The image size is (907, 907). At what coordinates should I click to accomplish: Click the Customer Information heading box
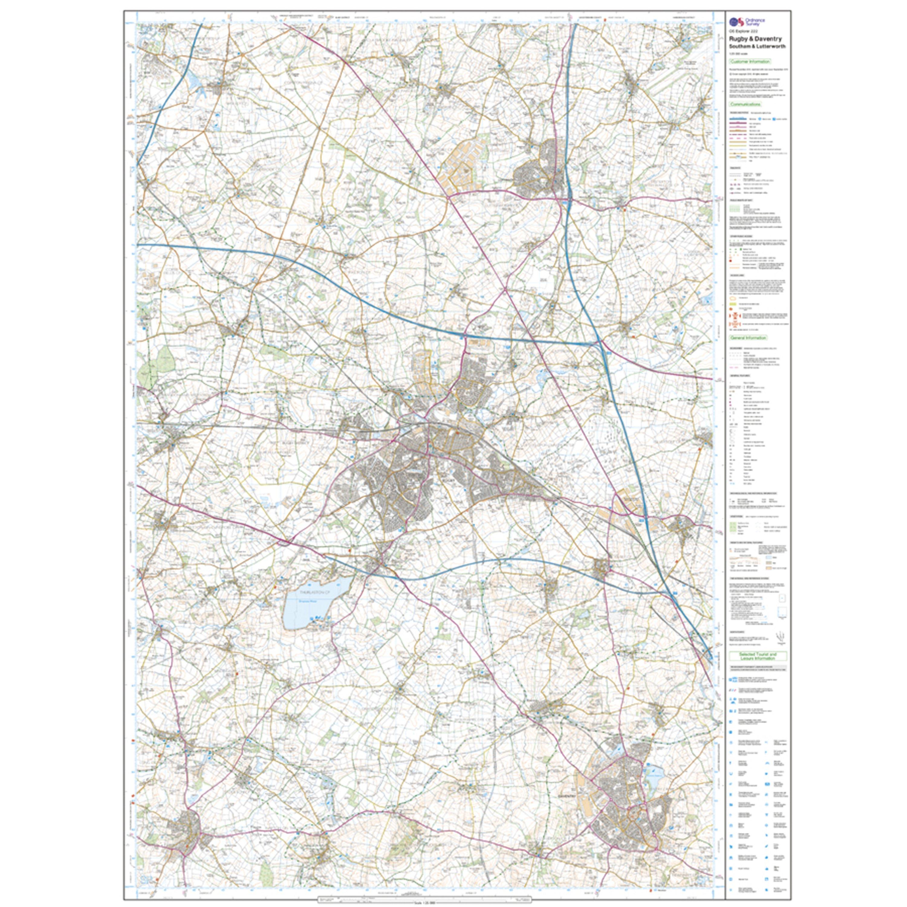point(750,61)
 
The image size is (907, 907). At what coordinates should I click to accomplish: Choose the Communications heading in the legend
point(745,104)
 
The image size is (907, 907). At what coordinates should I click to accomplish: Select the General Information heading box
point(748,337)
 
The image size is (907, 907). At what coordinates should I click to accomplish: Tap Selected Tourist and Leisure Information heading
point(757,656)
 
